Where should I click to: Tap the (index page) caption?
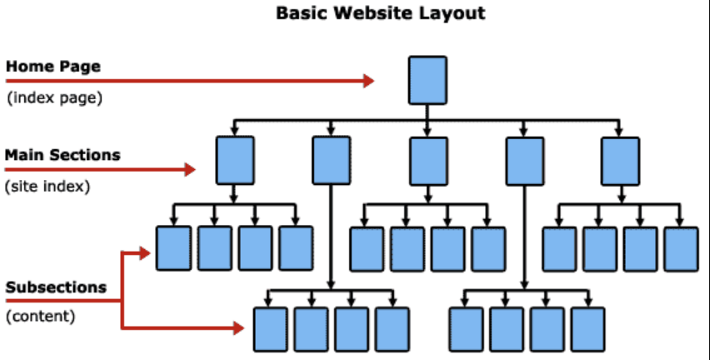click(x=54, y=98)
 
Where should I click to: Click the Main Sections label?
click(x=62, y=155)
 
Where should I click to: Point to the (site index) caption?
click(x=47, y=187)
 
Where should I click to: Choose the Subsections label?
click(x=56, y=287)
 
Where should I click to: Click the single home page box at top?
click(x=427, y=80)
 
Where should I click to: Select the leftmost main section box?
click(x=234, y=160)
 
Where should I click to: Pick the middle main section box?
click(x=427, y=160)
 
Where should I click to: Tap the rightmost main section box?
click(x=620, y=160)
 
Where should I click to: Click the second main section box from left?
click(x=331, y=160)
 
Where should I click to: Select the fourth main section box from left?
click(x=524, y=160)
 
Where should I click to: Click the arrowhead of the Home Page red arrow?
click(x=368, y=81)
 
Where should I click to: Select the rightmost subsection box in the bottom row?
click(x=587, y=328)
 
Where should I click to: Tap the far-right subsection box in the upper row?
click(x=681, y=247)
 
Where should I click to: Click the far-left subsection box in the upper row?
click(x=173, y=247)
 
